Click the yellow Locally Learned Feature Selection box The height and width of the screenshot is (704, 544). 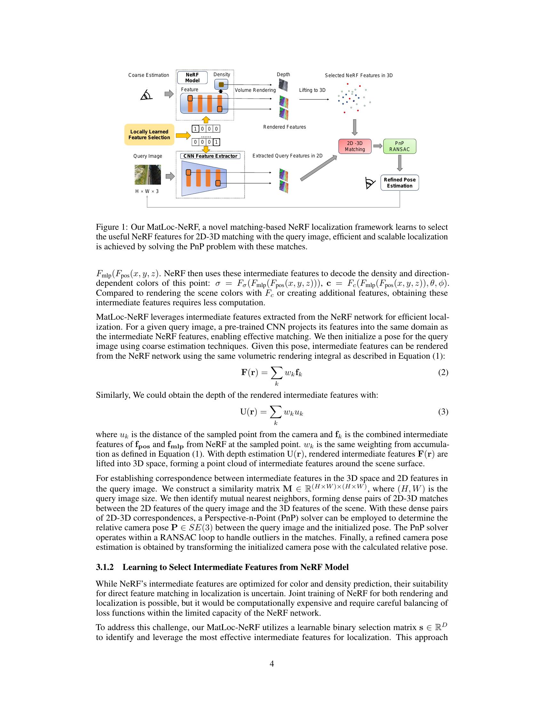click(149, 134)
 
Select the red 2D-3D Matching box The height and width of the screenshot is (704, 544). click(355, 146)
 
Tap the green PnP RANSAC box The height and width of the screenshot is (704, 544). click(399, 146)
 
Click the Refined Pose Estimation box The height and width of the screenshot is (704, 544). click(399, 183)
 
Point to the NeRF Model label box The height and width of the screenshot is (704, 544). click(192, 78)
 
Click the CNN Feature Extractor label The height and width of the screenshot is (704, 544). click(210, 156)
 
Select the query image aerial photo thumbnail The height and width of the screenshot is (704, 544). click(148, 174)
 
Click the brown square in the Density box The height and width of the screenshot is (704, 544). click(221, 85)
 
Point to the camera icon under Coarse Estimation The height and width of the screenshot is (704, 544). click(146, 95)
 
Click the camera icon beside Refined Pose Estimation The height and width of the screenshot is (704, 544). click(370, 183)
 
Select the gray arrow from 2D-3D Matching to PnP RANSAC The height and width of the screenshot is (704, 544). click(377, 146)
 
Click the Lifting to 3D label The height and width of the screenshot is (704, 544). click(312, 90)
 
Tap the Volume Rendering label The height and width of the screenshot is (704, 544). click(255, 90)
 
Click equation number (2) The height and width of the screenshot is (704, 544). click(443, 372)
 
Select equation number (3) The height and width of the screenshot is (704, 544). click(443, 412)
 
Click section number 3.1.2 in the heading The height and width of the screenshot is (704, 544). click(105, 567)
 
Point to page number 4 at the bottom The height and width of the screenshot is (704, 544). click(272, 664)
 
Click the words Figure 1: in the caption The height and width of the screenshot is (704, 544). click(112, 227)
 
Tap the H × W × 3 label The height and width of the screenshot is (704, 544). click(147, 191)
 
